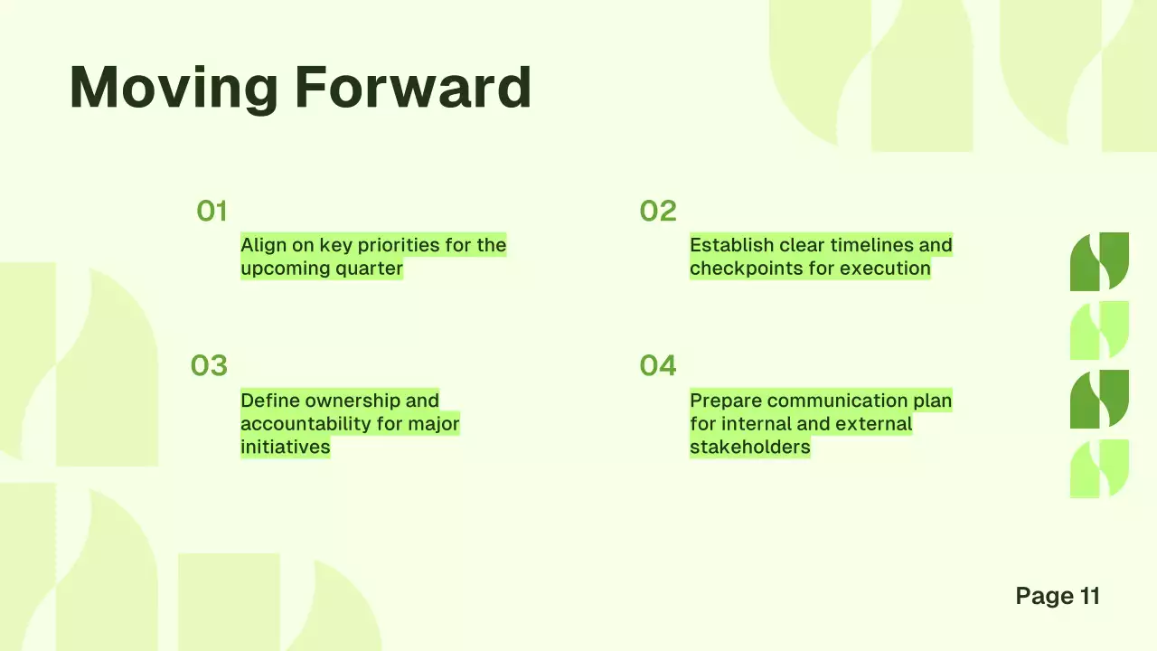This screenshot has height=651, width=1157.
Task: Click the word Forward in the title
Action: click(412, 88)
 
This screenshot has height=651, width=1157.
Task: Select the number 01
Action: click(212, 212)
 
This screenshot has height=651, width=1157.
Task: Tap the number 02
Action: click(658, 212)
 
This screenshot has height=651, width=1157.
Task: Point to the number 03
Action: click(209, 366)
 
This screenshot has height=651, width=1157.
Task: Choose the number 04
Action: click(658, 366)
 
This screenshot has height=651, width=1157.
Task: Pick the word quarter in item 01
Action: click(370, 269)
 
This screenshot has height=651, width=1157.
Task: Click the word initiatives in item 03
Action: click(285, 447)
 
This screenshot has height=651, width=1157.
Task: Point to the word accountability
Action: click(308, 424)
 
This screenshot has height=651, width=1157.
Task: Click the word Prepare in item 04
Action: click(725, 401)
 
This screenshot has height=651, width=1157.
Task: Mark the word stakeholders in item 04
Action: click(749, 447)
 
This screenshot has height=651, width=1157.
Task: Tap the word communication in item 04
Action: click(837, 401)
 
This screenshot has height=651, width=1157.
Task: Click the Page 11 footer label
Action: click(1058, 596)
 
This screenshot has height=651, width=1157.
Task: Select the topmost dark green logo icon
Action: click(1099, 261)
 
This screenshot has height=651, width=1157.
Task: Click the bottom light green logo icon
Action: click(1099, 468)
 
